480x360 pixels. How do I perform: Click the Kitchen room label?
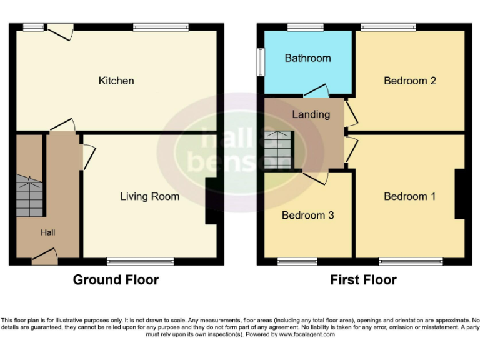116,81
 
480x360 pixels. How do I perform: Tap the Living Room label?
149,196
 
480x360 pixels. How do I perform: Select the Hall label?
48,232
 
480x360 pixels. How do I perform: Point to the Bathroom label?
307,58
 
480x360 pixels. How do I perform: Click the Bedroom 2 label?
409,81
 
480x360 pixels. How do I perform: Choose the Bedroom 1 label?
409,196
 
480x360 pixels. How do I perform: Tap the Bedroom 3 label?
307,216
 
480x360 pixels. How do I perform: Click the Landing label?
311,114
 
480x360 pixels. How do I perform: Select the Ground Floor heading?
116,280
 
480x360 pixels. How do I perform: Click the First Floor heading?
363,280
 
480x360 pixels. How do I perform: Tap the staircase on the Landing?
278,150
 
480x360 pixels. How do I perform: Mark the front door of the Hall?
44,255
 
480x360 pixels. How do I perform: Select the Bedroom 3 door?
316,177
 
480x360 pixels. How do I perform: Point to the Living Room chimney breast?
211,201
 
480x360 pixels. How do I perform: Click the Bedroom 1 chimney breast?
459,194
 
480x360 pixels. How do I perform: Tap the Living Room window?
140,261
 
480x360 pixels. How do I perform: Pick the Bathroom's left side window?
261,63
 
